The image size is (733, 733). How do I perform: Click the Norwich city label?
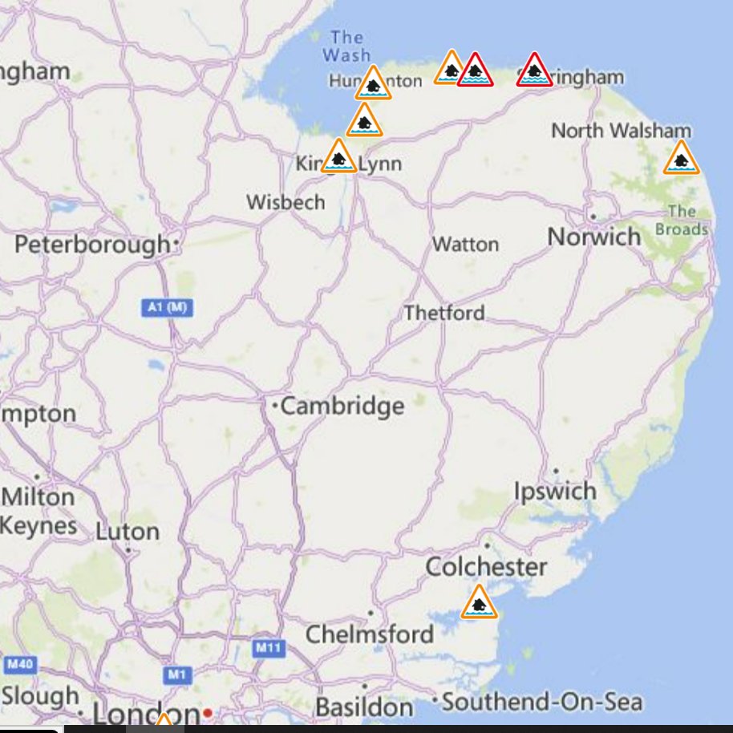[594, 237]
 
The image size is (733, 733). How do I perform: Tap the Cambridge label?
[342, 406]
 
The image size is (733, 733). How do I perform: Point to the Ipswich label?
[555, 491]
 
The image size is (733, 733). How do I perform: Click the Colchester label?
[486, 567]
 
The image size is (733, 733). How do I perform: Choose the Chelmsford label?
[369, 634]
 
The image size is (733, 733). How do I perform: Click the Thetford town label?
[444, 312]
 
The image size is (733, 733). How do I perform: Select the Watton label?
[465, 244]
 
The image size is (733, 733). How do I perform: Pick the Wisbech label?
[286, 202]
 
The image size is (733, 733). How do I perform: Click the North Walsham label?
[621, 130]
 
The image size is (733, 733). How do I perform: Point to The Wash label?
[346, 47]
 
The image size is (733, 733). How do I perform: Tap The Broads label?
[682, 221]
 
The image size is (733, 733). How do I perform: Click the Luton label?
[128, 531]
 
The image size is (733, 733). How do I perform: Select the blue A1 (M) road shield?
[167, 306]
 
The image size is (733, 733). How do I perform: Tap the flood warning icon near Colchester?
[479, 603]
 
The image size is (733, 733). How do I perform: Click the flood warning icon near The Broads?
[681, 159]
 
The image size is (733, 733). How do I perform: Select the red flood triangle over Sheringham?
[534, 71]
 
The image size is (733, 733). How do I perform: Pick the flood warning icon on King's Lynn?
[338, 157]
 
